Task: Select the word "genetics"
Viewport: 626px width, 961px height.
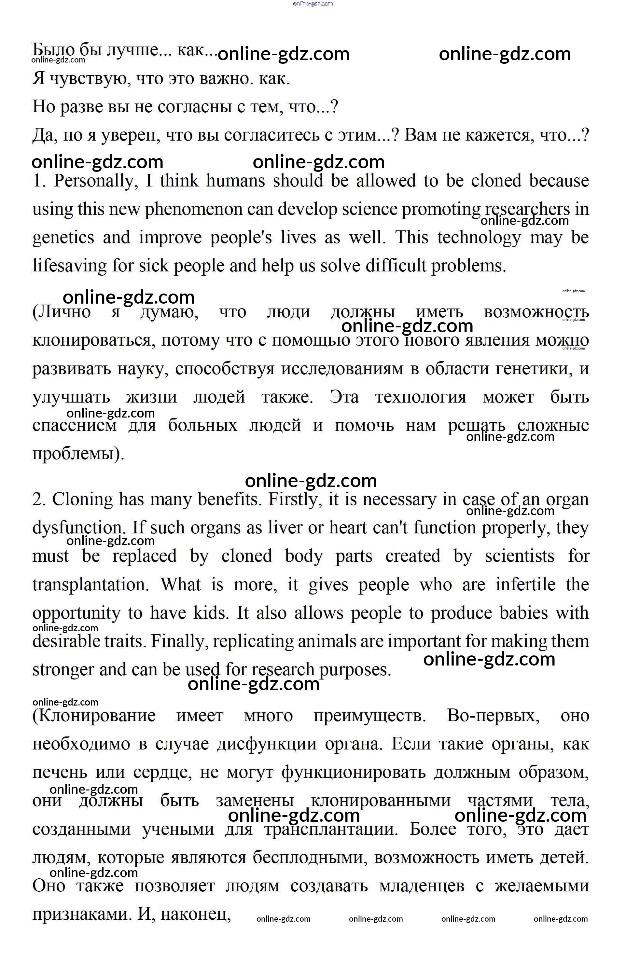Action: coord(63,238)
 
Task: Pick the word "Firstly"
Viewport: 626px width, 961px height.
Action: coord(295,500)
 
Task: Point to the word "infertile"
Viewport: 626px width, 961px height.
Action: coord(525,585)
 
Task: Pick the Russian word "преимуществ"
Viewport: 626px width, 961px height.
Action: coord(369,716)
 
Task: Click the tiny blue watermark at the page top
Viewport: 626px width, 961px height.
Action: coord(313,4)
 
